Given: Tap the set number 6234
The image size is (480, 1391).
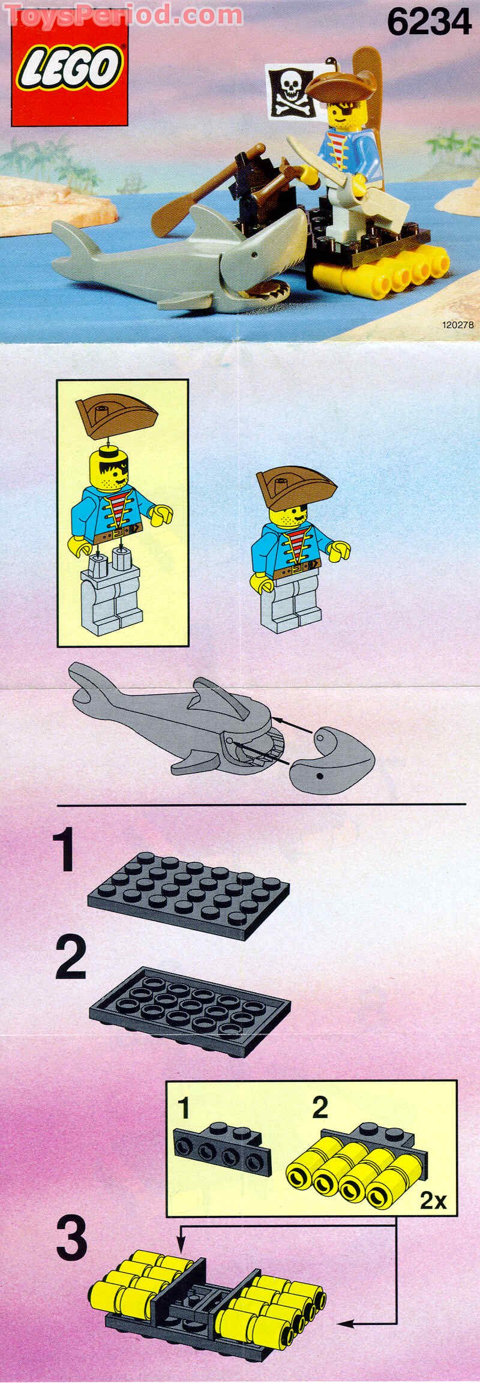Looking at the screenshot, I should click(x=428, y=24).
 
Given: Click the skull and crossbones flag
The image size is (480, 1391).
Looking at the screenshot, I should click(x=290, y=92).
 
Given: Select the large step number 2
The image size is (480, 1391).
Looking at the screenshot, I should click(x=70, y=958).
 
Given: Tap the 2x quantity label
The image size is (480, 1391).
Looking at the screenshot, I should click(x=433, y=1196).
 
